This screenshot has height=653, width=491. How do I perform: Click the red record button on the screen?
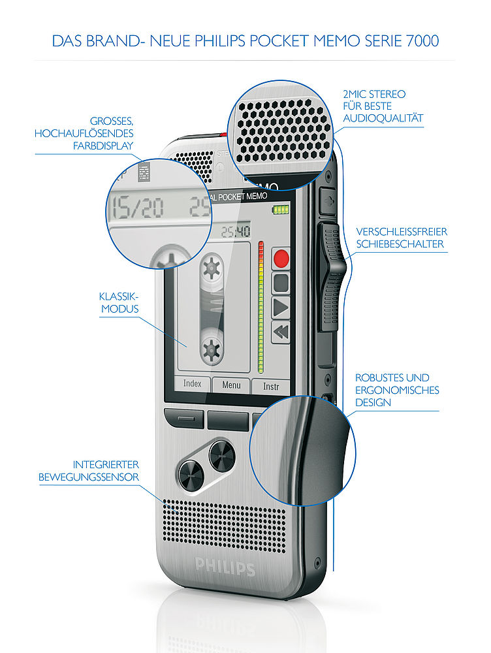[281, 258]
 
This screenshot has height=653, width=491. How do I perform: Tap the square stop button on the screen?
[281, 283]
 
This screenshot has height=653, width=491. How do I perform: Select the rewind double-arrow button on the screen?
[281, 332]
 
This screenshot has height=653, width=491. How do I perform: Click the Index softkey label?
[193, 384]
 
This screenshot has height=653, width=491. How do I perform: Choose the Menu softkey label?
[231, 385]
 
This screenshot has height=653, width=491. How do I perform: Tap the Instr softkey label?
[271, 387]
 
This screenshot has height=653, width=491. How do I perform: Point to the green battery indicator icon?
[280, 210]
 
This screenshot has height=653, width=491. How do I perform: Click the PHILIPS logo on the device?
[225, 566]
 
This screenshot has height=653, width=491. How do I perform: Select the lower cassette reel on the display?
[211, 349]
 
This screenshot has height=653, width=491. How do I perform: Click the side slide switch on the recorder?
[332, 274]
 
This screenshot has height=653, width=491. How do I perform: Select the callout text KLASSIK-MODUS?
[119, 302]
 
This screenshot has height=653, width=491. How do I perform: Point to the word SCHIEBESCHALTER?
[400, 244]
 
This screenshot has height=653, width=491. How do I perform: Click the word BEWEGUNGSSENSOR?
[89, 477]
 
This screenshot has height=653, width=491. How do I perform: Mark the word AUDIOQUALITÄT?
[383, 118]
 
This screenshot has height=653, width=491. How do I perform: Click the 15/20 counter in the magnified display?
[138, 208]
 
